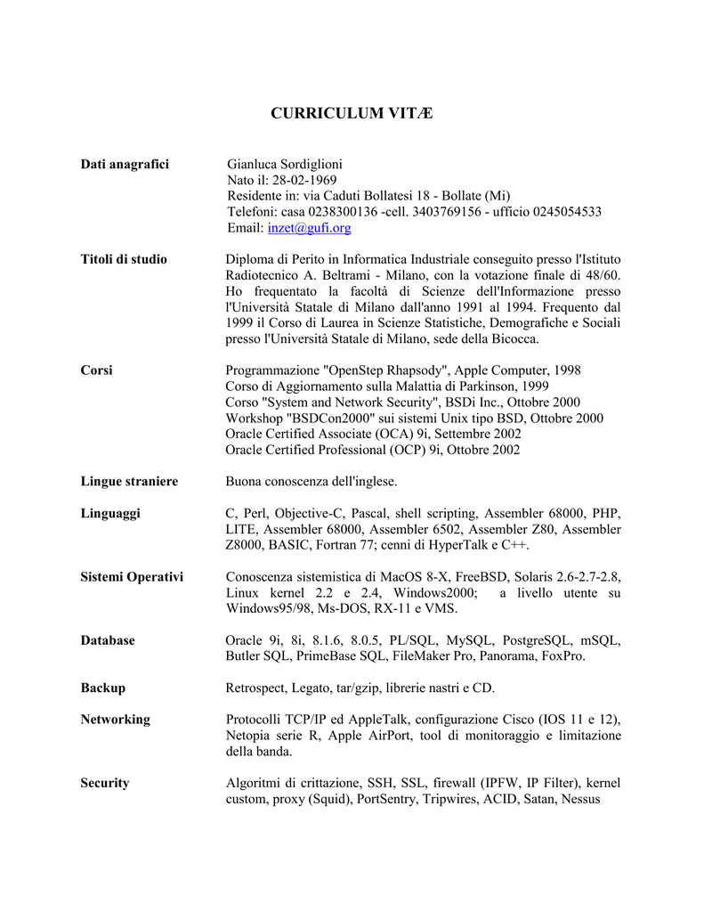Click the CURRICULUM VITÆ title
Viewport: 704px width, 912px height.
(x=352, y=113)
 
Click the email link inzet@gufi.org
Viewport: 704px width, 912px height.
(x=309, y=228)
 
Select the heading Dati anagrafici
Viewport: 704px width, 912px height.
(x=125, y=164)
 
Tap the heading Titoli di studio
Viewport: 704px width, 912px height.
(x=124, y=259)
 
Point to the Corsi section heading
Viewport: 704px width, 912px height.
(x=96, y=370)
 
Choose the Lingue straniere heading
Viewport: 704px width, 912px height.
(x=129, y=481)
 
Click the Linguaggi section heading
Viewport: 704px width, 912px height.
(x=110, y=513)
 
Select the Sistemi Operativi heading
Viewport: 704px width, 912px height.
(x=132, y=577)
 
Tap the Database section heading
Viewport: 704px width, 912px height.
(x=108, y=640)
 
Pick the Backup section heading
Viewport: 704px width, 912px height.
(x=102, y=688)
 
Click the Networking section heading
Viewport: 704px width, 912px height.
(x=115, y=719)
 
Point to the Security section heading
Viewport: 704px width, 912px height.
(x=105, y=783)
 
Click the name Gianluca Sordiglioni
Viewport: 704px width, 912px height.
(x=285, y=164)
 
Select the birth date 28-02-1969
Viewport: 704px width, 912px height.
(x=295, y=180)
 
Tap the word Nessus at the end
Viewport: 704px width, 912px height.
(x=579, y=799)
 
